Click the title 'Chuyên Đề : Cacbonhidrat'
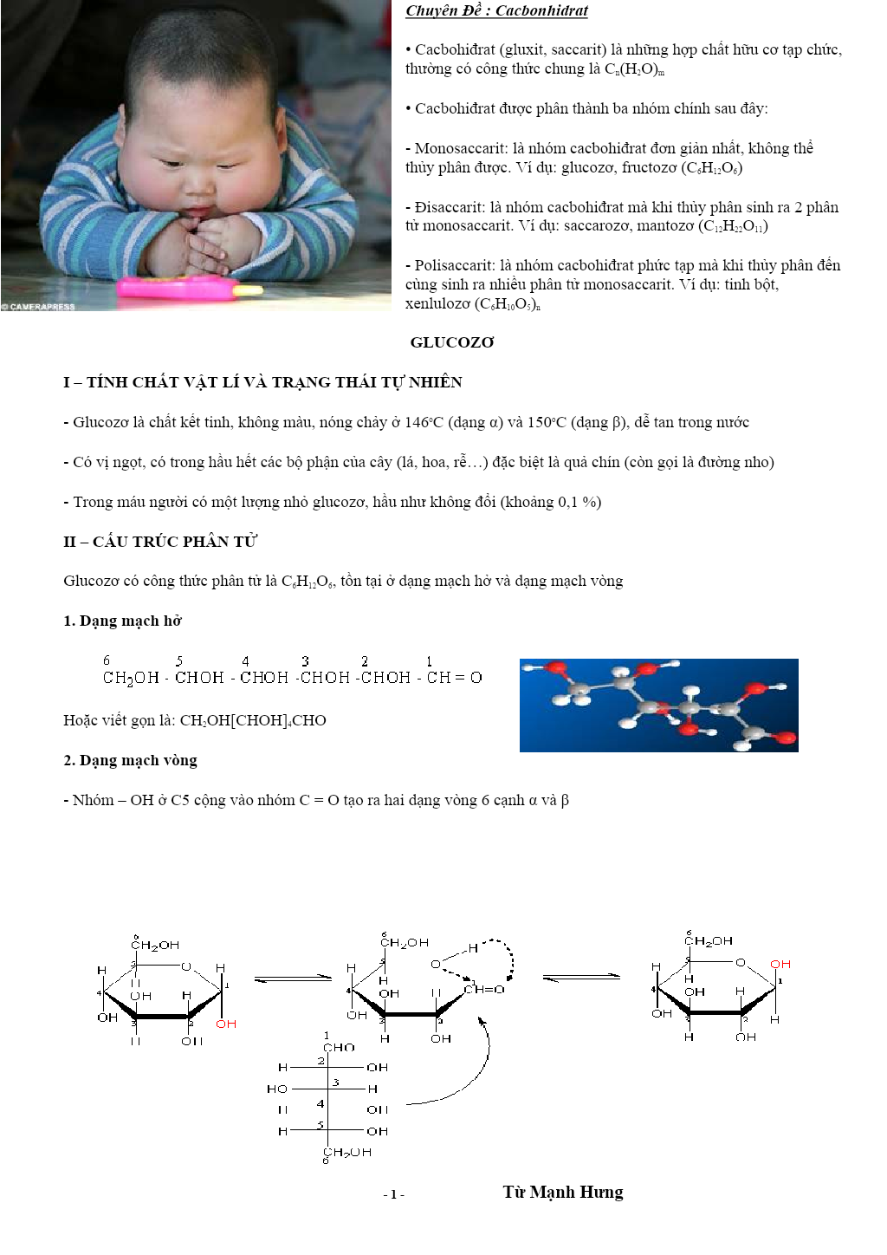[496, 11]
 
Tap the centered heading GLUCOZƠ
[452, 342]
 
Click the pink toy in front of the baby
[183, 287]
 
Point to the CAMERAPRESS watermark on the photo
[40, 306]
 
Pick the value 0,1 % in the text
[577, 502]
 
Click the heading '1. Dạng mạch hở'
[122, 621]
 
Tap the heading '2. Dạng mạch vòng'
[130, 760]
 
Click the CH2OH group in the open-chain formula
[131, 678]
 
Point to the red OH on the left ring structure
[226, 1024]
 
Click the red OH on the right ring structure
[780, 964]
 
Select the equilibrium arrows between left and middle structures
[294, 979]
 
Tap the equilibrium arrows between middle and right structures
[581, 979]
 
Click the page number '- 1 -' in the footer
[394, 1194]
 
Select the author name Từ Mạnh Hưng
[563, 1193]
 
